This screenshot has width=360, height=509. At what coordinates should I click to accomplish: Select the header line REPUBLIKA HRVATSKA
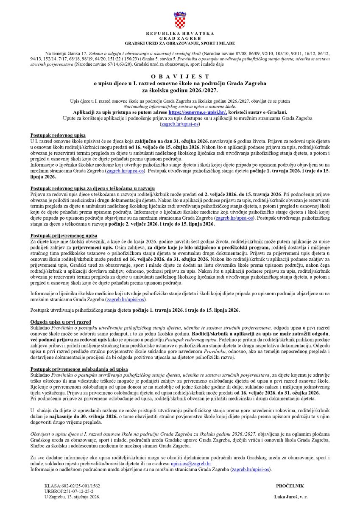[x=180, y=33]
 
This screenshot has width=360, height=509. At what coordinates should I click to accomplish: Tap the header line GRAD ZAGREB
[x=180, y=38]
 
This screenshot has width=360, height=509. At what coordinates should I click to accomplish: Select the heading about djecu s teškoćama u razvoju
[x=93, y=187]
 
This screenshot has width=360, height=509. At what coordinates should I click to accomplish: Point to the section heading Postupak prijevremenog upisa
[x=64, y=235]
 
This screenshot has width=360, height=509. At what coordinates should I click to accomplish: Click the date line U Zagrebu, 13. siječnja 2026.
[x=73, y=496]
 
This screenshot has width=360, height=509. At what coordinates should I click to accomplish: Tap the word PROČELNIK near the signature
[x=290, y=486]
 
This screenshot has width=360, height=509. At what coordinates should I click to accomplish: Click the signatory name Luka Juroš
[x=291, y=496]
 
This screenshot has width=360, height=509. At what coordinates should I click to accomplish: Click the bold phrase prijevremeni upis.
[x=97, y=246]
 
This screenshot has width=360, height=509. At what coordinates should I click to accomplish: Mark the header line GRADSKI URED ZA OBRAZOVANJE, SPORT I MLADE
[x=180, y=43]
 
